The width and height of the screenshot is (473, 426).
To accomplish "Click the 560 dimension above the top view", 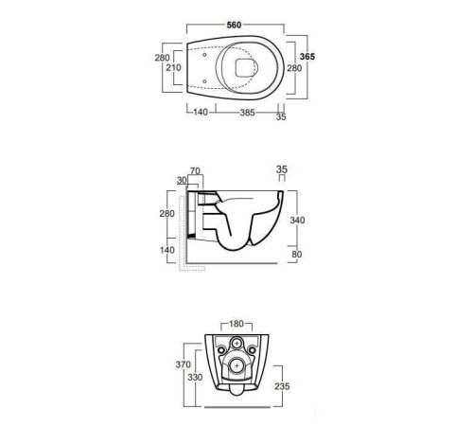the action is (x=234, y=25).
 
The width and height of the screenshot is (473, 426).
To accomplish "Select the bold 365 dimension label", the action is (x=307, y=57).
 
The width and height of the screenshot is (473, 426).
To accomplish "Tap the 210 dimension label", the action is (x=173, y=67).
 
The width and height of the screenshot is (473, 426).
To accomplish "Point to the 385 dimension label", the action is (x=247, y=113).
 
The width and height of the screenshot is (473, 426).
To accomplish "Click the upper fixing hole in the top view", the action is (x=204, y=55).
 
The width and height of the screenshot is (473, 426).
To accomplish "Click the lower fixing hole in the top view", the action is (x=204, y=81).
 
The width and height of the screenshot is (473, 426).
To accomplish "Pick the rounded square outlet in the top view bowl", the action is (x=246, y=68).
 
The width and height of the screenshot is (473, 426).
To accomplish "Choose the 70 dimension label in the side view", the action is (x=195, y=171).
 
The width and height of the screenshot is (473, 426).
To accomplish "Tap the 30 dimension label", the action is (x=182, y=181).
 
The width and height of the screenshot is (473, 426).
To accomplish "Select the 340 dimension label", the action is (x=297, y=220).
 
